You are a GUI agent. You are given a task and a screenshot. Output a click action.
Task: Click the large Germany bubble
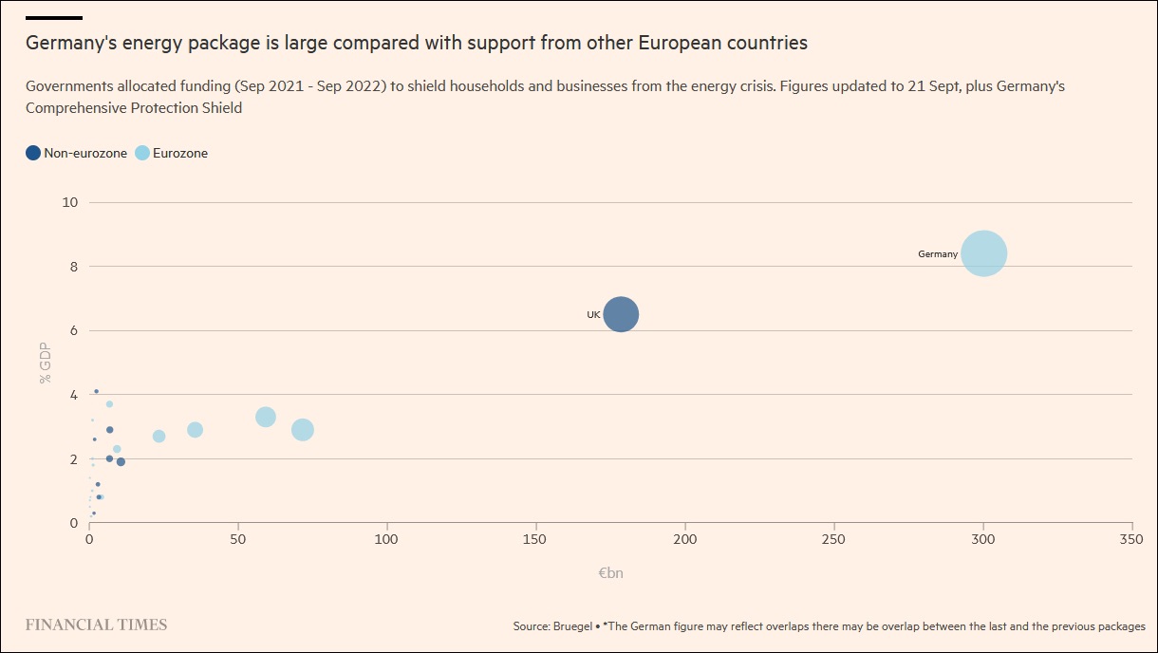(x=983, y=253)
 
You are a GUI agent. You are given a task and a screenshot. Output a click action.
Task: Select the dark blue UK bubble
(x=621, y=314)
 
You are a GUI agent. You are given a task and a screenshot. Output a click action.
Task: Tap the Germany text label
(x=938, y=254)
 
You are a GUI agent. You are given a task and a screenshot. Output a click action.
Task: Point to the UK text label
(x=593, y=314)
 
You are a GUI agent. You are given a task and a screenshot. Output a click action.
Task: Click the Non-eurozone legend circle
(x=33, y=153)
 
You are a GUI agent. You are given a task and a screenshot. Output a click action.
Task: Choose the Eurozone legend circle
(x=142, y=153)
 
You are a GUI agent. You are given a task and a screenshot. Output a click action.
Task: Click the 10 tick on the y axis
(x=70, y=202)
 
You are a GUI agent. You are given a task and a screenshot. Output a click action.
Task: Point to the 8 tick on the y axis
(x=73, y=267)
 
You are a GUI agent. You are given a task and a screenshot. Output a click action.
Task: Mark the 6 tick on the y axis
(x=73, y=330)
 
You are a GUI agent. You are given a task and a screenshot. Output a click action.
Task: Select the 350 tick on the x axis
(x=1131, y=539)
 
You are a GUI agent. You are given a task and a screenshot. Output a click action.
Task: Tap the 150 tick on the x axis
(x=536, y=539)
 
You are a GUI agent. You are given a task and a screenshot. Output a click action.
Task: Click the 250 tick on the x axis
(x=833, y=539)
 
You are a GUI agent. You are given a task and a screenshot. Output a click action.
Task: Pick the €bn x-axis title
(x=610, y=573)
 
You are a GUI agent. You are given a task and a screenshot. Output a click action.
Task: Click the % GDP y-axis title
(x=45, y=363)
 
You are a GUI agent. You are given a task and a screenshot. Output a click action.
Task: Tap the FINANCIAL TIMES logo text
(x=96, y=625)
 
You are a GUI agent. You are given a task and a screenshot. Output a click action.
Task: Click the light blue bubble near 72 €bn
(x=302, y=430)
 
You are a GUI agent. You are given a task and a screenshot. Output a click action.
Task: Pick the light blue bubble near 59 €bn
(x=266, y=417)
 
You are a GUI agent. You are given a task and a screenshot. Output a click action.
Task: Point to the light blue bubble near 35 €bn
(x=195, y=430)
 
